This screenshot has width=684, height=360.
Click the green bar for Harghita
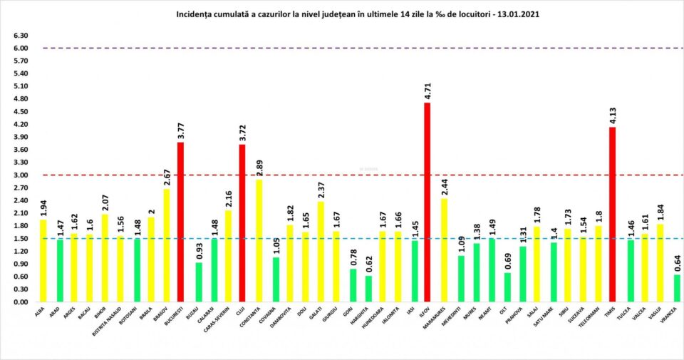pos(368,288)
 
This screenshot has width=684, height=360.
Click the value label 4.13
pos(613,115)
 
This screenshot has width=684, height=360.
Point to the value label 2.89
pos(259,168)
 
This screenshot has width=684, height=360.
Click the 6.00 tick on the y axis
pos(20,48)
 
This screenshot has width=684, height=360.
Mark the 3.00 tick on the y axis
pos(20,175)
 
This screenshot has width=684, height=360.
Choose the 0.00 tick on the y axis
pos(20,302)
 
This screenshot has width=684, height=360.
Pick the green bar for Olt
pos(507,287)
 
